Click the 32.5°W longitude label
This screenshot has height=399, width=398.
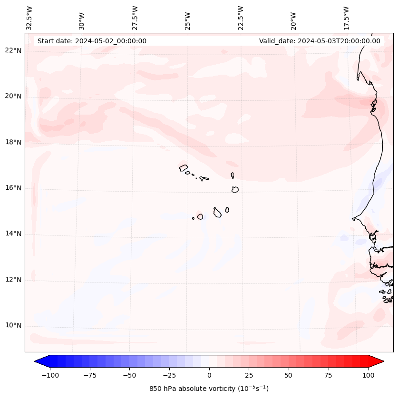29,18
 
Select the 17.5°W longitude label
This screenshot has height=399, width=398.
346,18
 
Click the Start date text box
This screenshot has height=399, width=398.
92,41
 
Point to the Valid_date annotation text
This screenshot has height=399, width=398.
320,41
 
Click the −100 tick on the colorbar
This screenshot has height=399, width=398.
50,375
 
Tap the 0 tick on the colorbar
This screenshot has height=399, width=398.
209,375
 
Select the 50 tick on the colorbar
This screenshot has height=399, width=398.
289,375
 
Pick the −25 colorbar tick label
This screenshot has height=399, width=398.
169,375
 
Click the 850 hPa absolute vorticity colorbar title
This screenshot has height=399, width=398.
209,389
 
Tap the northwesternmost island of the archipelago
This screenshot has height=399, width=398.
184,167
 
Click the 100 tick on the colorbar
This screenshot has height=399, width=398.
368,375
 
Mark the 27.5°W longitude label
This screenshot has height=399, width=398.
135,18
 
